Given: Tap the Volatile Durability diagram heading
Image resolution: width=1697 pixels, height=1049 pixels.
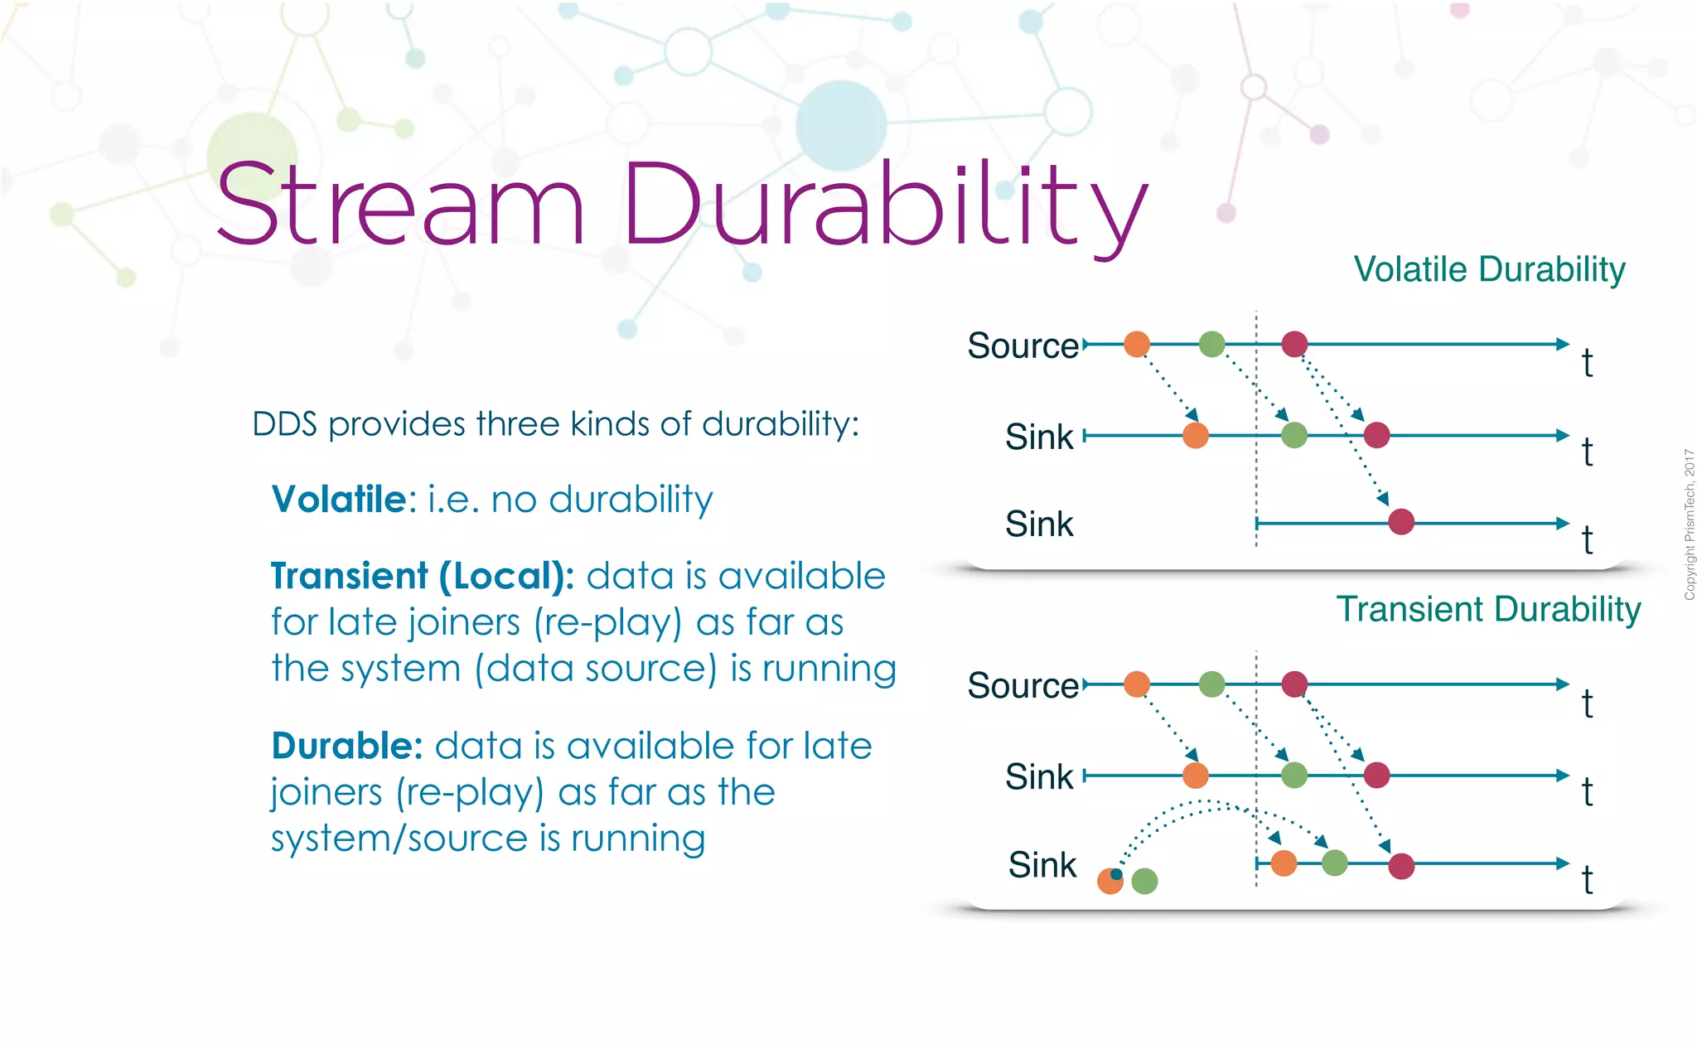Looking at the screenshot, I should pos(1489,269).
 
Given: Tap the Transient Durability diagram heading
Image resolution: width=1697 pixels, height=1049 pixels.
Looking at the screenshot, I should pos(1488,609).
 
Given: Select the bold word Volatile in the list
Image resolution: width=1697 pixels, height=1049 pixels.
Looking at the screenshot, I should pos(339,500).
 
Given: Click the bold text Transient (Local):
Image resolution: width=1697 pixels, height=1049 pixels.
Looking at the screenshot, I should pos(422,576).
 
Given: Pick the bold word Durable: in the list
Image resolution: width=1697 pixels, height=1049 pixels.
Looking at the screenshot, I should pos(347,746).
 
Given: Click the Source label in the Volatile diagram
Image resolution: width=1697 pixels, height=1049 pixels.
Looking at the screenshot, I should pos(1023,346).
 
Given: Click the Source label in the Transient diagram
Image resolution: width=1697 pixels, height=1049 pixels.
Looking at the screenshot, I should pos(1023,686).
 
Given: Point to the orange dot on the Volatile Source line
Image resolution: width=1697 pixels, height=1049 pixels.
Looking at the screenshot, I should pos(1137,343).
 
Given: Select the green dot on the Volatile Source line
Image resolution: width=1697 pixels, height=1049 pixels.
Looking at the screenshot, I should pos(1211,343).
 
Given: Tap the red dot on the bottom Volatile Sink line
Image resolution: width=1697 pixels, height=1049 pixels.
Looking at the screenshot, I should pos(1401,522).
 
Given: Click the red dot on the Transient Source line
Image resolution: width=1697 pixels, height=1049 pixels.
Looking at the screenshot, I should pos(1294,684).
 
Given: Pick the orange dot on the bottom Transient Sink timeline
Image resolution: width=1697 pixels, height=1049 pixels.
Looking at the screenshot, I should pos(1284,863).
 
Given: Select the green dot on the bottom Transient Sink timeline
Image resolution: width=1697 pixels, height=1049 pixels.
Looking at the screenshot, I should pos(1334,863).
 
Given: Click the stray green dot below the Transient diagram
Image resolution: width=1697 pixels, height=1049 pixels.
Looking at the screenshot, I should pos(1144,881).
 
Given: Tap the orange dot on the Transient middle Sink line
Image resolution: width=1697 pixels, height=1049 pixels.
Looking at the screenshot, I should pos(1195,776).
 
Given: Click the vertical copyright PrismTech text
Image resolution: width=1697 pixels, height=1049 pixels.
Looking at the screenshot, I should pos(1689,524).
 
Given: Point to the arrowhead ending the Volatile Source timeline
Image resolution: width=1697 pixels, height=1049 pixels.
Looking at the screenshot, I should pos(1563,344).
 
